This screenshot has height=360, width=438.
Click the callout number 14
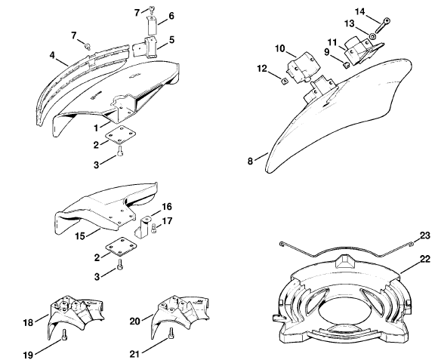pos(360,12)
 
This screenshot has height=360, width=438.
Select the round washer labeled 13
pos(372,36)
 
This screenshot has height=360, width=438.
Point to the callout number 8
pos(250,161)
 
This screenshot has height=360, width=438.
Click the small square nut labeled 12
pos(285,82)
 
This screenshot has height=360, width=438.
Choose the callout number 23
pos(425,235)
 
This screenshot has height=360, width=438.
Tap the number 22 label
pos(425,259)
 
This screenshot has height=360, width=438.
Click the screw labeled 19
pos(64,334)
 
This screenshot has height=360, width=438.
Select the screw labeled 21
pos(171,334)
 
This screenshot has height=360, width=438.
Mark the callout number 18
pos(28,323)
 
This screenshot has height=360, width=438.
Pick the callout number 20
pos(134,322)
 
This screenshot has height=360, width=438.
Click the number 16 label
pos(167,207)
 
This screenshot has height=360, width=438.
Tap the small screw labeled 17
pos(153,229)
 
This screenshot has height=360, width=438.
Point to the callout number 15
pos(80,236)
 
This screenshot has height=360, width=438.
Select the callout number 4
pos(52,55)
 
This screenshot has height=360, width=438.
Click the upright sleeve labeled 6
pos(152,26)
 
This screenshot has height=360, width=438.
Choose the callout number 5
pos(171,40)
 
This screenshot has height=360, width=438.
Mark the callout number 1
pos(96,128)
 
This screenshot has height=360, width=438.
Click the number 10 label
pos(280,49)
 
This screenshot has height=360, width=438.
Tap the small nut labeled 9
pos(346,65)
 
